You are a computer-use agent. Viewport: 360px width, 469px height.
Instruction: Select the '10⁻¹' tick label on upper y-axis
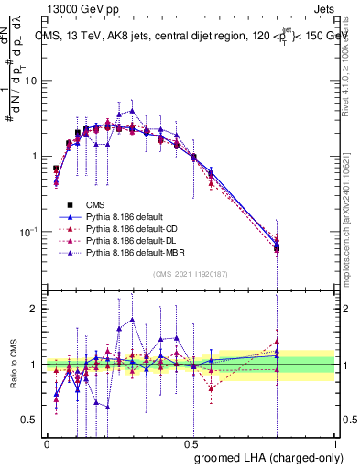pos(30,231)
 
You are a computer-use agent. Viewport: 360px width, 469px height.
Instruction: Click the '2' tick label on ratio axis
pos(37,309)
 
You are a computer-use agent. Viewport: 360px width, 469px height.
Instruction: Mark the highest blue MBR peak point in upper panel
pos(133,111)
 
